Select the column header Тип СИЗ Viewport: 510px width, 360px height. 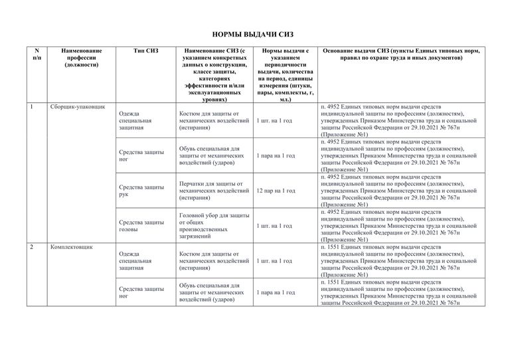tap(145, 50)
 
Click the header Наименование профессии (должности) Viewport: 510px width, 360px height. tap(81, 58)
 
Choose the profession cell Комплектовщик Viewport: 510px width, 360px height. tap(71, 247)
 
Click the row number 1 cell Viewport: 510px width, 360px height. tap(32, 107)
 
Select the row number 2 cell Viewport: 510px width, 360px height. tap(32, 247)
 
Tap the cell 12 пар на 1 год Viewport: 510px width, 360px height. tap(276, 191)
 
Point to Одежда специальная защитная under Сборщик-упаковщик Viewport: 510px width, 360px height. tap(136, 121)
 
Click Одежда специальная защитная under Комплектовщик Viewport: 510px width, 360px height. tap(136, 261)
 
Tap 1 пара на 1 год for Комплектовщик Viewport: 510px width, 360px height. tap(276, 292)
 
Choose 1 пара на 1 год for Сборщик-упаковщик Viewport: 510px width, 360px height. tap(276, 155)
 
